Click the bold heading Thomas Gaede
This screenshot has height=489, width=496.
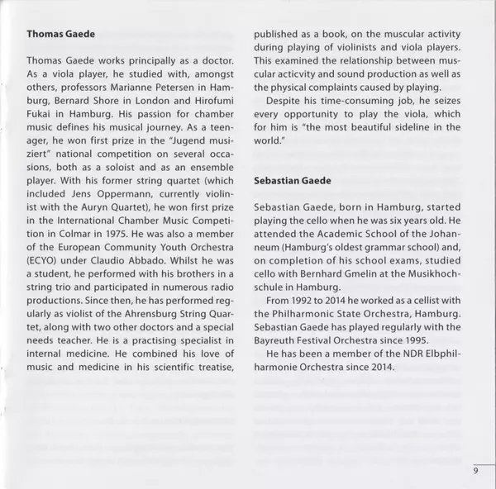pos(61,36)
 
